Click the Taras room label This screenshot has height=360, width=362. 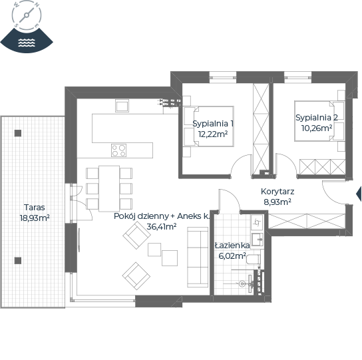pyautogui.click(x=35, y=208)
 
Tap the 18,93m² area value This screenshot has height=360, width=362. pyautogui.click(x=35, y=218)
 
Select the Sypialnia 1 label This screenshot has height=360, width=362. pyautogui.click(x=213, y=124)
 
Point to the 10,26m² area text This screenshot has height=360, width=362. pyautogui.click(x=317, y=128)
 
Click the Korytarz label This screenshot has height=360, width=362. pyautogui.click(x=277, y=192)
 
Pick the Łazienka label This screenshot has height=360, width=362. pyautogui.click(x=232, y=246)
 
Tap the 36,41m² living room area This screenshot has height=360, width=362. pyautogui.click(x=162, y=226)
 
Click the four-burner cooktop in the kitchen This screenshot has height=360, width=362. pyautogui.click(x=118, y=150)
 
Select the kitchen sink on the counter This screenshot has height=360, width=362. pyautogui.click(x=122, y=106)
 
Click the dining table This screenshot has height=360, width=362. pyautogui.click(x=109, y=188)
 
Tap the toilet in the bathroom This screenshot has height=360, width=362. pyautogui.click(x=254, y=260)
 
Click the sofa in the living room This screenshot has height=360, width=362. pyautogui.click(x=198, y=258)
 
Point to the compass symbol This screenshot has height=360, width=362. pyautogui.click(x=27, y=15)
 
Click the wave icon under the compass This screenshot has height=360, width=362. pyautogui.click(x=27, y=43)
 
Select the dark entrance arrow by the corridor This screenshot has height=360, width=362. pyautogui.click(x=359, y=194)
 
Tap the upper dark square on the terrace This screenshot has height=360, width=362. pyautogui.click(x=18, y=133)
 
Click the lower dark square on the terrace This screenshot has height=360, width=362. pyautogui.click(x=18, y=260)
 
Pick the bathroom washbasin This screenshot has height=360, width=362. pyautogui.click(x=257, y=240)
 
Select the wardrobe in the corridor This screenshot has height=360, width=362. pyautogui.click(x=307, y=221)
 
